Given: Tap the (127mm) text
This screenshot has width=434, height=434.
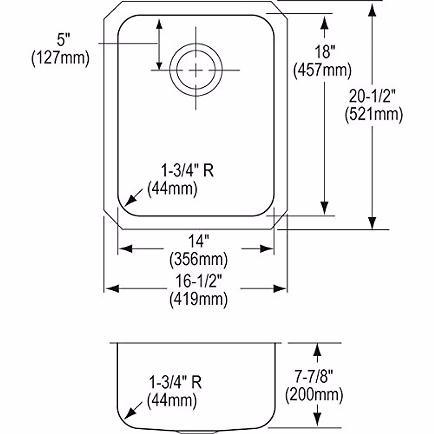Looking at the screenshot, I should [x=60, y=58].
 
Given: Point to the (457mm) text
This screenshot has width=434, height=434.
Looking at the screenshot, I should [x=322, y=70].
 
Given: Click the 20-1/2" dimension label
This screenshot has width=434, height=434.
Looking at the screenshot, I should [x=373, y=97].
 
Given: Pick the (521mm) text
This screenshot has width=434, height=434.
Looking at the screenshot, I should [x=374, y=115].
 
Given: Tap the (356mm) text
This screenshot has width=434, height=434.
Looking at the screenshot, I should [x=199, y=259].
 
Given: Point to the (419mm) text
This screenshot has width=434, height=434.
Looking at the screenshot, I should [x=199, y=299].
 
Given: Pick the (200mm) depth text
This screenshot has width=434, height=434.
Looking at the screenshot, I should [x=314, y=395].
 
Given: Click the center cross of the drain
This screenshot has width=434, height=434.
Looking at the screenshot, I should [x=196, y=70].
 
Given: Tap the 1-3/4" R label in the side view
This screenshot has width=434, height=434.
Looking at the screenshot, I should [x=175, y=383].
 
